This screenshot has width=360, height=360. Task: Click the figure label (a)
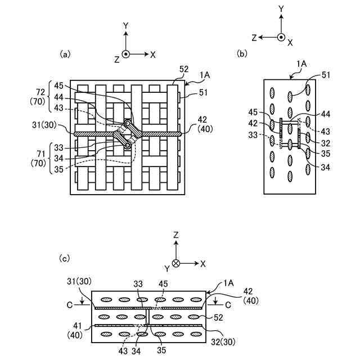click(65, 55)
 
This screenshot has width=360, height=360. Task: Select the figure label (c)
click(65, 258)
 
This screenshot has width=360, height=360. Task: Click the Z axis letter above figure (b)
click(255, 38)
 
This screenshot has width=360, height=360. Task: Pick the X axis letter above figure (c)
click(203, 263)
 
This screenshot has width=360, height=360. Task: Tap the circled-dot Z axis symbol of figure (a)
click(127, 54)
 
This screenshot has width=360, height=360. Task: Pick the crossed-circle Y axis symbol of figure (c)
click(175, 263)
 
